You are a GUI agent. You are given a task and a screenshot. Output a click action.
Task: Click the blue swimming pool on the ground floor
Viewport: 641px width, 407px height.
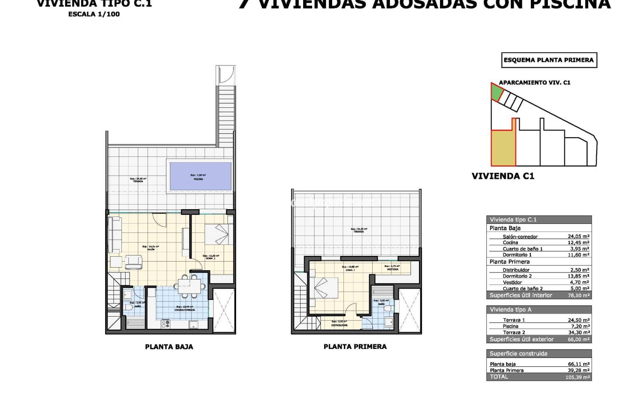click(x=201, y=176)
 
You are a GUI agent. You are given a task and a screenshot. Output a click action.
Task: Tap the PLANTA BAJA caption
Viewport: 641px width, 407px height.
click(x=169, y=347)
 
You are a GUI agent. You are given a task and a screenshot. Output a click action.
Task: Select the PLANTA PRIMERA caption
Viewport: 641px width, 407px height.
click(x=355, y=347)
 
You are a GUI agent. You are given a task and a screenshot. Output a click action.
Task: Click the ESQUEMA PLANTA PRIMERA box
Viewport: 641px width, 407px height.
click(x=549, y=60)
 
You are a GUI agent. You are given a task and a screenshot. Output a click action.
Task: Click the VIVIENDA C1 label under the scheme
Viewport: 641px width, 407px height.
click(x=503, y=176)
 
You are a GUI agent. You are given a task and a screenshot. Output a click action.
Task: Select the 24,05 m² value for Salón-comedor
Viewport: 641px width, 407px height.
click(x=578, y=237)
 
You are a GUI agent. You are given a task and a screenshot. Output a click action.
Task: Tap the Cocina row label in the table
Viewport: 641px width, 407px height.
click(x=510, y=243)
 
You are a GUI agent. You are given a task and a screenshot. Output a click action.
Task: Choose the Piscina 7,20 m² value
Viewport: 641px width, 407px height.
click(x=580, y=326)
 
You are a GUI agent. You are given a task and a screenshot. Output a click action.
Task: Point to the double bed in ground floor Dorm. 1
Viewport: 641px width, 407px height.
click(x=216, y=234)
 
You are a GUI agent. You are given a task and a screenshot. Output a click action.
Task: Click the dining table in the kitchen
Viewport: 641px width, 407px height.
click(x=190, y=285)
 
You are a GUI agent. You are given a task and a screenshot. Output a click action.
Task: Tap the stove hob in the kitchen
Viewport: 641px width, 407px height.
click(x=166, y=324)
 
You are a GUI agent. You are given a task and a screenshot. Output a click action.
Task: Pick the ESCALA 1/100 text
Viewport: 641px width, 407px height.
click(x=94, y=14)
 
